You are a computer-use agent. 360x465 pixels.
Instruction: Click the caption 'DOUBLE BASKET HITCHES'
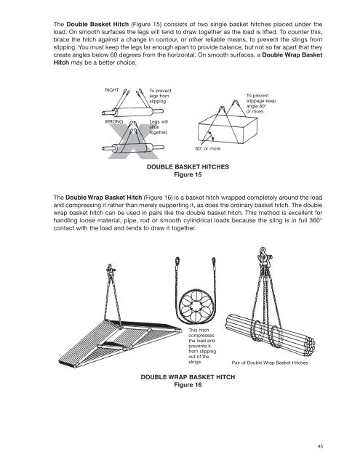tap(188, 166)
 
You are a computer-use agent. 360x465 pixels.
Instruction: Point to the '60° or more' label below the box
tap(209, 150)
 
